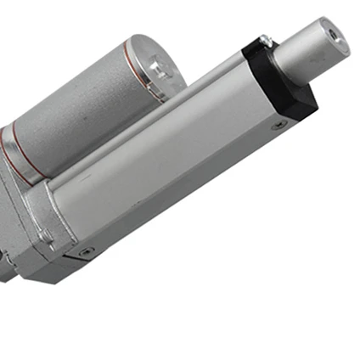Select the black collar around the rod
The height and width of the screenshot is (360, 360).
(280, 81)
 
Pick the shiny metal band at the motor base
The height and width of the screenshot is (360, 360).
(10, 157)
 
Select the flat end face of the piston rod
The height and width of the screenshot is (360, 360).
(334, 36)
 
